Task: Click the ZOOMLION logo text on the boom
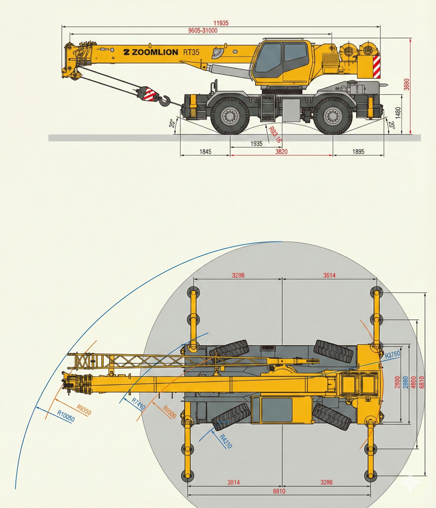tap(150, 52)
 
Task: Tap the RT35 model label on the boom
tap(191, 52)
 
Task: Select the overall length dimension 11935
tap(221, 23)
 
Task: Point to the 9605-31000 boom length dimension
tap(203, 30)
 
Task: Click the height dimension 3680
tap(407, 84)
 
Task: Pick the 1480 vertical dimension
tap(398, 113)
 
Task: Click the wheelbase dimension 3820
tap(281, 152)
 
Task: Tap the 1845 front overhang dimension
tap(205, 152)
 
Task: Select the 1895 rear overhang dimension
tap(358, 152)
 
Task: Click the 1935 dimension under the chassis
tap(256, 143)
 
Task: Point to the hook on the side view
tap(165, 100)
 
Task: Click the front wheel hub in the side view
tap(230, 116)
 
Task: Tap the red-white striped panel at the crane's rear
tap(376, 67)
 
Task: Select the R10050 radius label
tap(66, 416)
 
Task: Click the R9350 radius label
tap(84, 409)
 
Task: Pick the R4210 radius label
tap(226, 441)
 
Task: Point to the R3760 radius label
tap(392, 354)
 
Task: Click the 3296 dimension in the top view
tap(238, 275)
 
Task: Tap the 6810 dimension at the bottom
tap(279, 492)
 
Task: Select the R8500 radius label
tap(169, 412)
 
